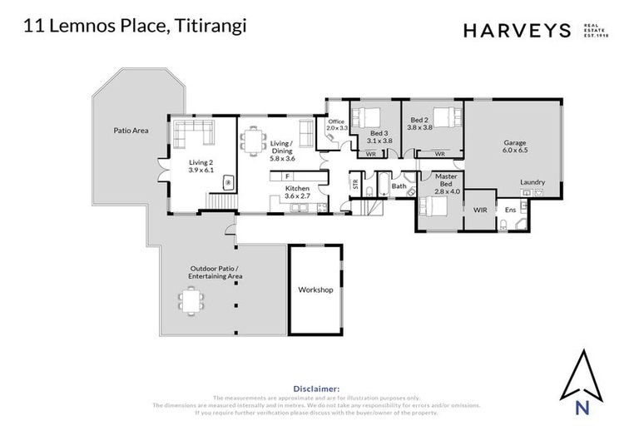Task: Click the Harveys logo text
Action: tap(516, 31)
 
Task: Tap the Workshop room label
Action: tap(315, 290)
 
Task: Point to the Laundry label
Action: tap(532, 181)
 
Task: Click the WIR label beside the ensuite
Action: tap(480, 210)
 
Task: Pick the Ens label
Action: tap(510, 210)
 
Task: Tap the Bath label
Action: tap(399, 186)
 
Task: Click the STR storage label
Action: tap(356, 185)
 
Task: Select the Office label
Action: tap(335, 122)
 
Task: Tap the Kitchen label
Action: tap(297, 189)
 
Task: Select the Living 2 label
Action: tap(201, 162)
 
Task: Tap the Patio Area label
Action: tap(131, 131)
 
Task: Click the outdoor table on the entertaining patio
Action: tap(192, 300)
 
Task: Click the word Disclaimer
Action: tap(316, 389)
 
